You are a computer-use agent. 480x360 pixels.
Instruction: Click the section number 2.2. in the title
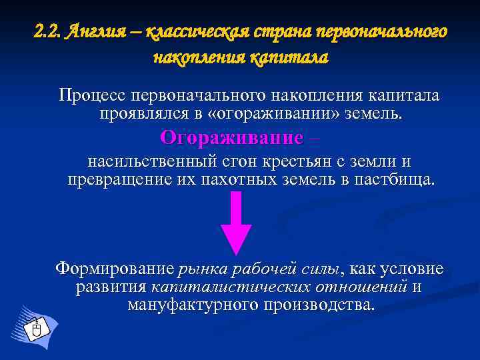pos(47,31)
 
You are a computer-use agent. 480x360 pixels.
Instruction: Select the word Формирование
pos(114,269)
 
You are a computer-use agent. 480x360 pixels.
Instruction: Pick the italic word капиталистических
pos(231,287)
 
